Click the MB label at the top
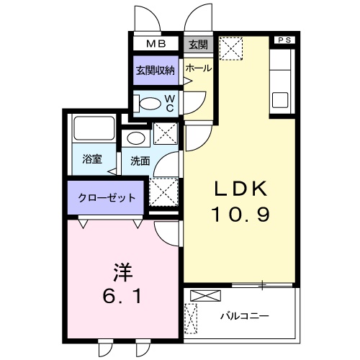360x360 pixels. click(156, 44)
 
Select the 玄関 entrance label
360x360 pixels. click(198, 44)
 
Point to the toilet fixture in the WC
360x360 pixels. click(149, 102)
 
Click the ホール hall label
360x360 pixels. click(198, 68)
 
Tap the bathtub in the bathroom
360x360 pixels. click(92, 129)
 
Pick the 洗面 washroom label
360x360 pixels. click(140, 161)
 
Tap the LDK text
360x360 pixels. click(240, 189)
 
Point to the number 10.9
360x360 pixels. click(240, 214)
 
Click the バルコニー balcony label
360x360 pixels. click(244, 315)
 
